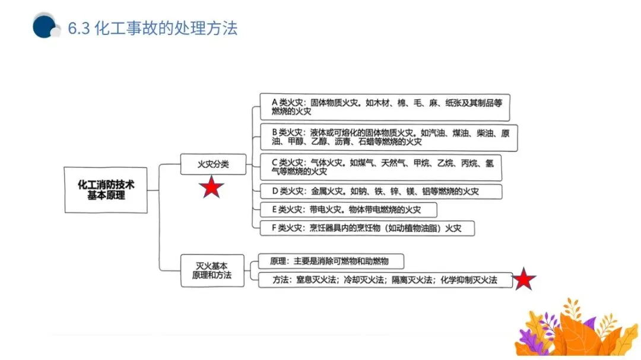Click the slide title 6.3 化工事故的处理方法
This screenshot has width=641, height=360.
pyautogui.click(x=153, y=28)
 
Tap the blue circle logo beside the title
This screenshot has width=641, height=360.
pyautogui.click(x=45, y=27)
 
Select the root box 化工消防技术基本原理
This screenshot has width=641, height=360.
pyautogui.click(x=106, y=190)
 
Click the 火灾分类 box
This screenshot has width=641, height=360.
pyautogui.click(x=212, y=163)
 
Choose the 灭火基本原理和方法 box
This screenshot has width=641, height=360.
pyautogui.click(x=212, y=270)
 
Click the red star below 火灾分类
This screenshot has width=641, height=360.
pyautogui.click(x=211, y=188)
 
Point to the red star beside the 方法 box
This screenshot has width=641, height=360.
pyautogui.click(x=523, y=279)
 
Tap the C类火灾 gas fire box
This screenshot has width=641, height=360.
pyautogui.click(x=380, y=167)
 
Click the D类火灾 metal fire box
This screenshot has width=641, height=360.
pyautogui.click(x=380, y=192)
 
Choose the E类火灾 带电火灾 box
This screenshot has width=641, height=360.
pyautogui.click(x=348, y=210)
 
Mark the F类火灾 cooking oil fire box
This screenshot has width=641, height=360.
pyautogui.click(x=367, y=228)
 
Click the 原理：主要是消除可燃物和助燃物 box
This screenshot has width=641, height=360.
pyautogui.click(x=331, y=261)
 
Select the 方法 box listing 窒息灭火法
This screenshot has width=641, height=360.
pyautogui.click(x=385, y=280)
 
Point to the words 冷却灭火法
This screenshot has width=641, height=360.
pyautogui.click(x=361, y=280)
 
